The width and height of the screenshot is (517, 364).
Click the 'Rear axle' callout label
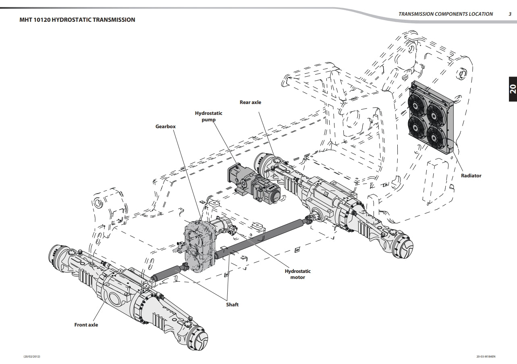point(250,102)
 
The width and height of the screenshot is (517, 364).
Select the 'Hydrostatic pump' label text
point(208,116)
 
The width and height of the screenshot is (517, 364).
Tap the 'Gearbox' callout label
point(166,127)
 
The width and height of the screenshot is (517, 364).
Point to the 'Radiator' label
point(471,176)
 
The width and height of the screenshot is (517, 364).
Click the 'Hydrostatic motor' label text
point(298,274)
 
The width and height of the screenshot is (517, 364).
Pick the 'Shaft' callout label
point(232,305)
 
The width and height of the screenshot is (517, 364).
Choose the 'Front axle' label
point(86,325)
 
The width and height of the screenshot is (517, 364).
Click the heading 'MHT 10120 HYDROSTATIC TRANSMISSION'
point(77,20)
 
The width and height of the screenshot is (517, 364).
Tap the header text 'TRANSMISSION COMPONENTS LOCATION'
point(445,14)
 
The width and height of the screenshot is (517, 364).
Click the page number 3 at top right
point(510,14)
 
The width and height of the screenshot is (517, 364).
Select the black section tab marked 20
point(512,89)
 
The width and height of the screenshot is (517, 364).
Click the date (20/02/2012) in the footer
point(32,357)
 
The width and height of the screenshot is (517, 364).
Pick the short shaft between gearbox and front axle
point(166,273)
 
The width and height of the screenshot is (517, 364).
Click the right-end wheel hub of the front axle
point(197,338)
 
